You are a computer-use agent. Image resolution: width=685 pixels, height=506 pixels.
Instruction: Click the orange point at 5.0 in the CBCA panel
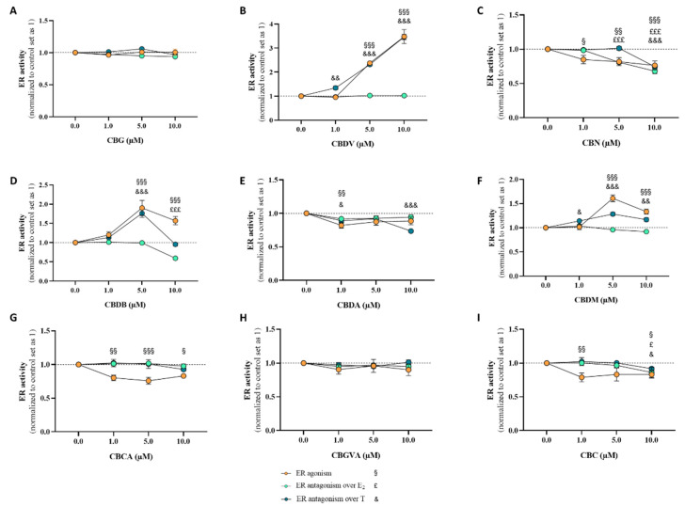tap(148, 381)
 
